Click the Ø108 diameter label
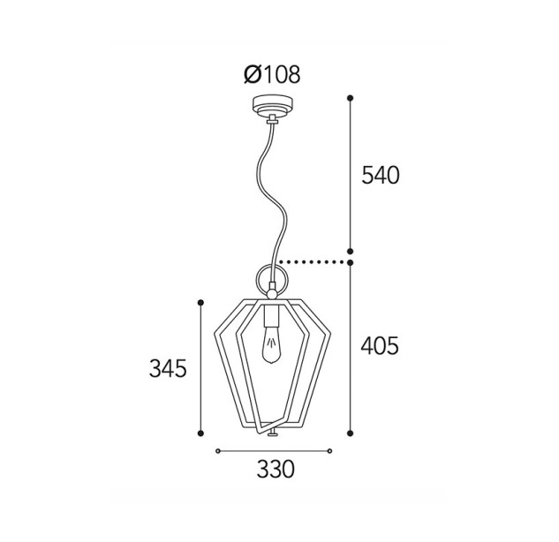[272, 75]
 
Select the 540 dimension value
[381, 176]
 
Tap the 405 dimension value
[380, 346]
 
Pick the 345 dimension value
[168, 368]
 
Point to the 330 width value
[276, 469]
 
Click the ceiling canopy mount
[272, 106]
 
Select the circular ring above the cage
[257, 279]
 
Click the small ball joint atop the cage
[272, 294]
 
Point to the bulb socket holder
[271, 316]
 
